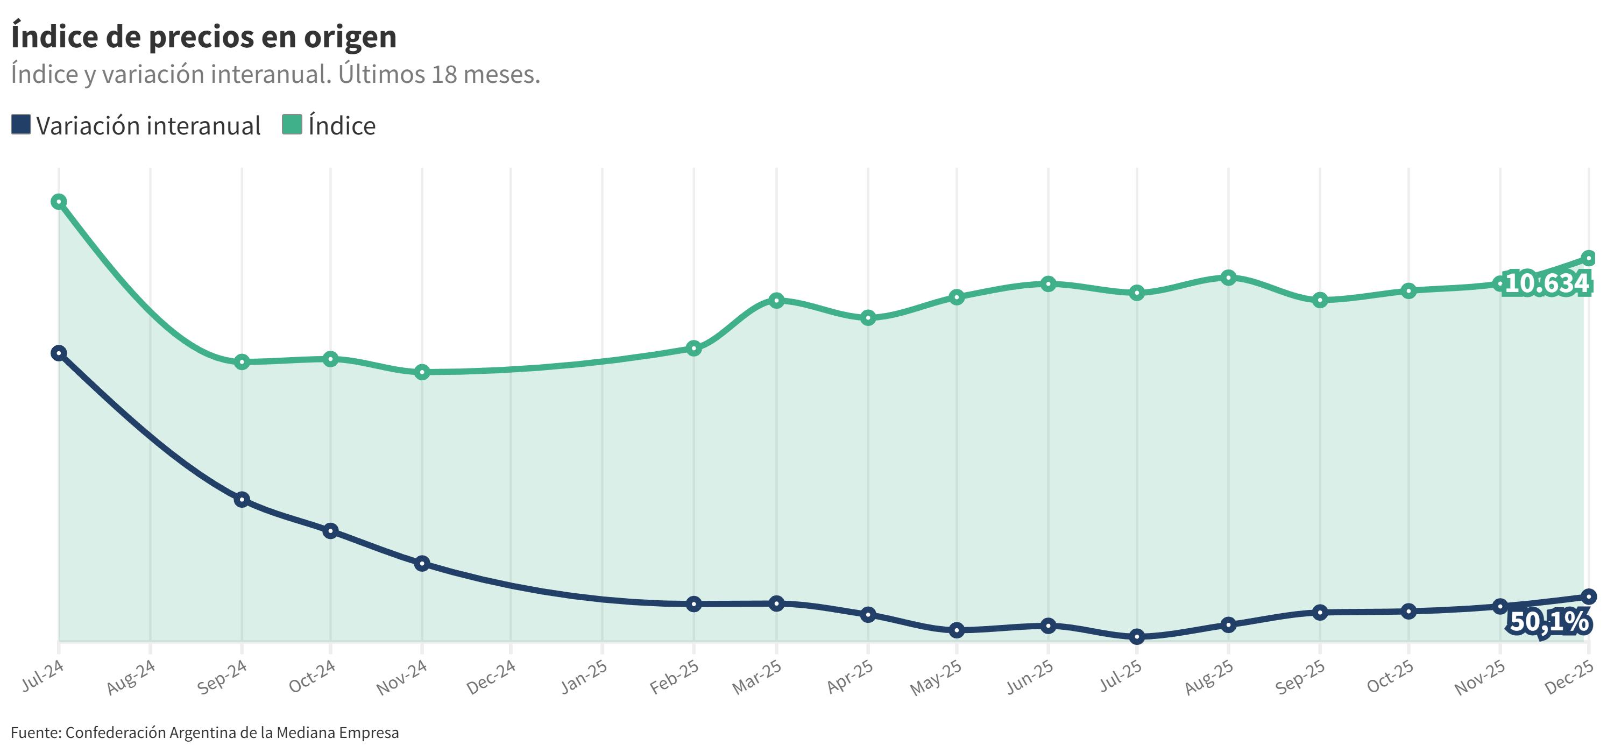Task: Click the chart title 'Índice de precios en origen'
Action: click(x=203, y=37)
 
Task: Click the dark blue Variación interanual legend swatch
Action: click(x=20, y=124)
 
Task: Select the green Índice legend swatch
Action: click(x=292, y=124)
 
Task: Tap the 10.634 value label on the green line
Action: click(x=1546, y=283)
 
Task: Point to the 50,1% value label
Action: click(x=1549, y=621)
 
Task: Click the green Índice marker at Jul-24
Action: click(x=59, y=202)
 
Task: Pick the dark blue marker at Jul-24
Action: click(x=59, y=353)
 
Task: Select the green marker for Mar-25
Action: click(x=776, y=300)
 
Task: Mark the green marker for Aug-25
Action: click(x=1228, y=278)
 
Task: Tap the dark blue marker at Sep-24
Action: click(x=242, y=500)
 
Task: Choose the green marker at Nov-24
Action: click(x=422, y=372)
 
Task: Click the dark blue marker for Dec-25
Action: click(x=1588, y=596)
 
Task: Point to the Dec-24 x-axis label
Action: click(x=491, y=677)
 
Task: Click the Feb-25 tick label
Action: click(x=674, y=677)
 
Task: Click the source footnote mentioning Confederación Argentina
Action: click(x=205, y=733)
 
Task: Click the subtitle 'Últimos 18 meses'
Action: click(x=438, y=75)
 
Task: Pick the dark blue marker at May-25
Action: click(x=956, y=630)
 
